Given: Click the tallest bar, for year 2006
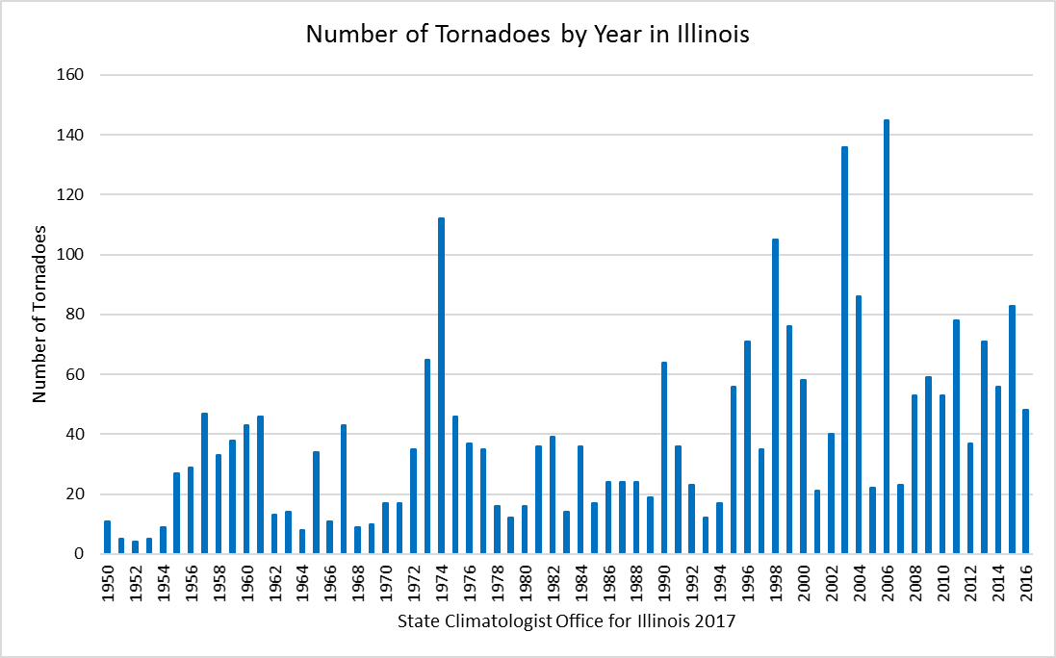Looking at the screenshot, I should (886, 337).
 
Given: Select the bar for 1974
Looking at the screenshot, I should (441, 385).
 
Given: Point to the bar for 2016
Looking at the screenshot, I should (1026, 482).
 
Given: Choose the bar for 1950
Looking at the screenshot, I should (107, 537).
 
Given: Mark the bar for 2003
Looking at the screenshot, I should (844, 350).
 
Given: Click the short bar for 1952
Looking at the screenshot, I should (135, 547).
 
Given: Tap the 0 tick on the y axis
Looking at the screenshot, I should (79, 554).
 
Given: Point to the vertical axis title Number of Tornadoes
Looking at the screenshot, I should (39, 314).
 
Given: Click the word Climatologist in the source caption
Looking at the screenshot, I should (496, 621).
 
